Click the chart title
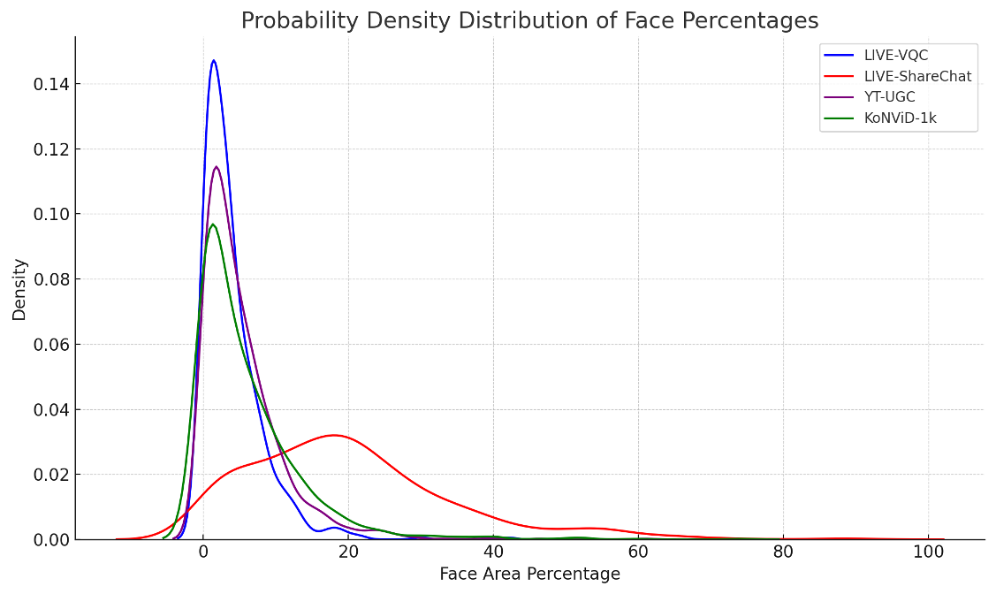coord(529,20)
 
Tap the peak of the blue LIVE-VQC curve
coord(213,60)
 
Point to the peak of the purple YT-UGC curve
coord(216,166)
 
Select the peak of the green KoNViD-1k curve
coord(212,224)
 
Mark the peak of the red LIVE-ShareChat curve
coord(334,435)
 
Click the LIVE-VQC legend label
coord(896,56)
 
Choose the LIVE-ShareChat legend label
coord(917,77)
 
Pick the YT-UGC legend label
coord(891,98)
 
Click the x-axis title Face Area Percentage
coord(529,575)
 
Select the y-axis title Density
coord(19,289)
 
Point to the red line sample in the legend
coord(840,77)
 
